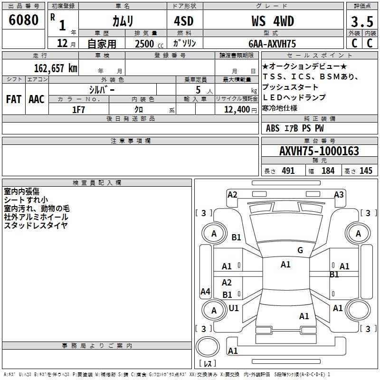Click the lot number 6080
point(23,20)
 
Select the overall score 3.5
point(362,21)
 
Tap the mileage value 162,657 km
point(56,68)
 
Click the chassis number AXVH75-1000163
point(319,151)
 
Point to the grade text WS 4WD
point(273,21)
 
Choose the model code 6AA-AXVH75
point(272,44)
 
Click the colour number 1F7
point(78,110)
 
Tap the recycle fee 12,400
point(237,110)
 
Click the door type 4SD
point(184,21)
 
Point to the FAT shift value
point(14,99)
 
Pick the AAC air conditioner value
point(37,99)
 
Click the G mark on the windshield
point(300,250)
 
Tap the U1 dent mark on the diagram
point(234,308)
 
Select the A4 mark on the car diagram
point(205,291)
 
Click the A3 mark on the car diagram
point(339,195)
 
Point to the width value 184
point(328,171)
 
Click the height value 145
point(366,171)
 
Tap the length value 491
point(288,171)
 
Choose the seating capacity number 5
point(198,90)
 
